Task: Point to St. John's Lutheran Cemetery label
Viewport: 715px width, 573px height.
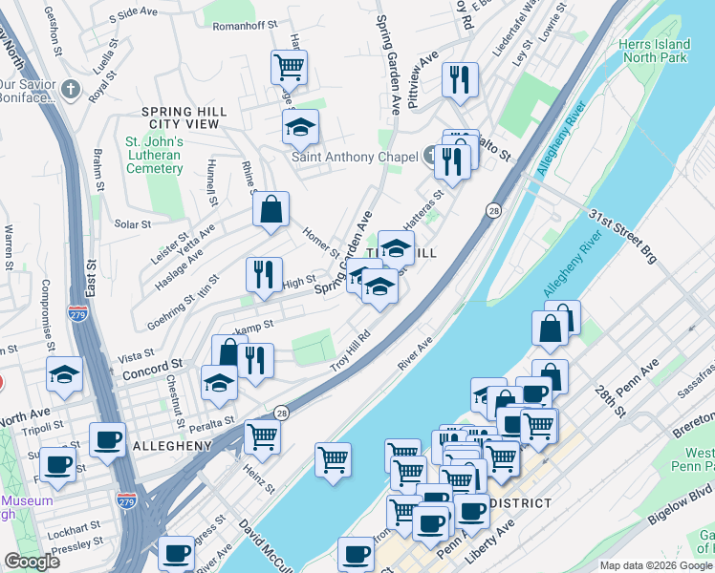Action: tap(154, 156)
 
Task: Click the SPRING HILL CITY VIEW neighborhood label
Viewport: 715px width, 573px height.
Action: tap(184, 118)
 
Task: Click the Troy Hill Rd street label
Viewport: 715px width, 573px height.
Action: tap(351, 352)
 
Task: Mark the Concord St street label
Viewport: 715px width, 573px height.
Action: tap(152, 366)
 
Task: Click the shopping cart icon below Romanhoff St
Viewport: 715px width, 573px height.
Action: tap(289, 66)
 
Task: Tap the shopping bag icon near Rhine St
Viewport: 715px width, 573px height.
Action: tap(271, 207)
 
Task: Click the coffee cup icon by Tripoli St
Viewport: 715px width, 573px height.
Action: tap(107, 438)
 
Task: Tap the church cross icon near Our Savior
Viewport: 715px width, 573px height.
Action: tap(70, 89)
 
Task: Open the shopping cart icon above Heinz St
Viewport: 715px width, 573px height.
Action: tap(262, 435)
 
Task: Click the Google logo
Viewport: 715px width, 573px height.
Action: tap(32, 562)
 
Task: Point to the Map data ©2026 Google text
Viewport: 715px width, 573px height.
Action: tap(655, 565)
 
